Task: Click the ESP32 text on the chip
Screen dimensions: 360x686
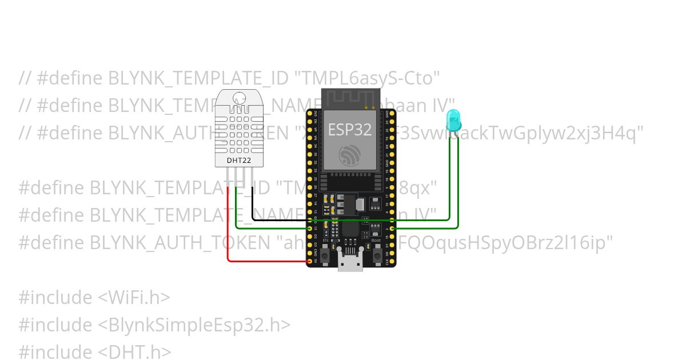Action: click(x=349, y=129)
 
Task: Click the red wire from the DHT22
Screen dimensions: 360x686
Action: click(x=229, y=229)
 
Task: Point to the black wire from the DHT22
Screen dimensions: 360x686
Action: click(x=252, y=203)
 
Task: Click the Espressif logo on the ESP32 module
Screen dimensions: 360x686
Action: click(x=349, y=155)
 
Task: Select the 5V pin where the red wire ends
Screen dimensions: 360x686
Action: click(x=310, y=262)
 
